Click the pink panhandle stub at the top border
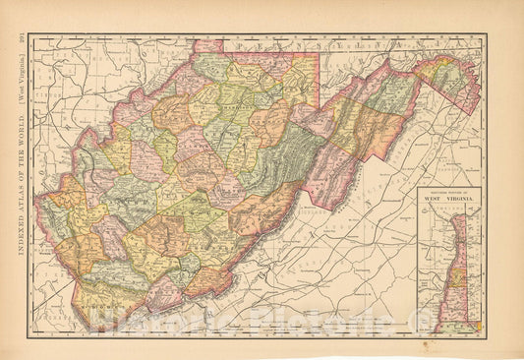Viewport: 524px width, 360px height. (x=209, y=45)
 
